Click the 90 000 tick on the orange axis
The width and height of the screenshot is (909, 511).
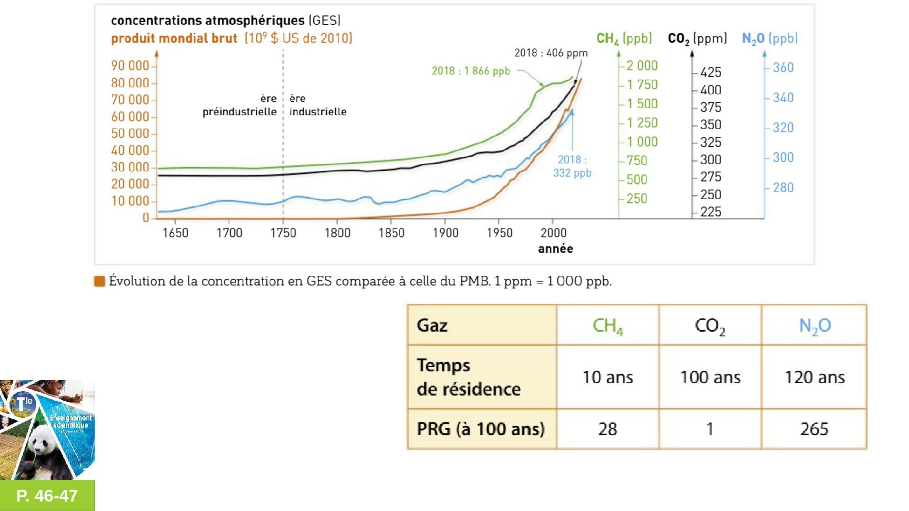point(130,66)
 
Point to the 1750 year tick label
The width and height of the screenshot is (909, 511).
point(283,233)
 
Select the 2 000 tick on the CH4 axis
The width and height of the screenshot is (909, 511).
point(642,66)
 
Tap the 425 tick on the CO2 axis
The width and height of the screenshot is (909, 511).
point(711,72)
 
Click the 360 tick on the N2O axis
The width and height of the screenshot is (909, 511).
point(783,68)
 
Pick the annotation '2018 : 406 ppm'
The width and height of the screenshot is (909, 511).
point(551,53)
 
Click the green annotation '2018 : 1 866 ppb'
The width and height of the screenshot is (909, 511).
point(471,71)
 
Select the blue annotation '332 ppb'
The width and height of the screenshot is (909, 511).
point(572,173)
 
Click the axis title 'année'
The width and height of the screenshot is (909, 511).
point(555,249)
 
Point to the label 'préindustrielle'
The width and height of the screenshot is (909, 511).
point(240,112)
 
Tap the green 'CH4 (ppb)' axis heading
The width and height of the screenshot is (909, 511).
point(624,39)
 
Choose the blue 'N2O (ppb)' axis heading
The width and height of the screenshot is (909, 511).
point(770,39)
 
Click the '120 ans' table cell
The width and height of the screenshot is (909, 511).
point(814,377)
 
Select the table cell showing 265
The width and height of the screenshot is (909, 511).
point(814,429)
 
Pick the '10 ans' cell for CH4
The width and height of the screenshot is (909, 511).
point(607,377)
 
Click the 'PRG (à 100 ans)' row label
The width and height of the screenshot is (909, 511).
point(481,429)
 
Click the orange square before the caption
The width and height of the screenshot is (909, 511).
point(99,282)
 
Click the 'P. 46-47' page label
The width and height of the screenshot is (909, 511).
point(47,495)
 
